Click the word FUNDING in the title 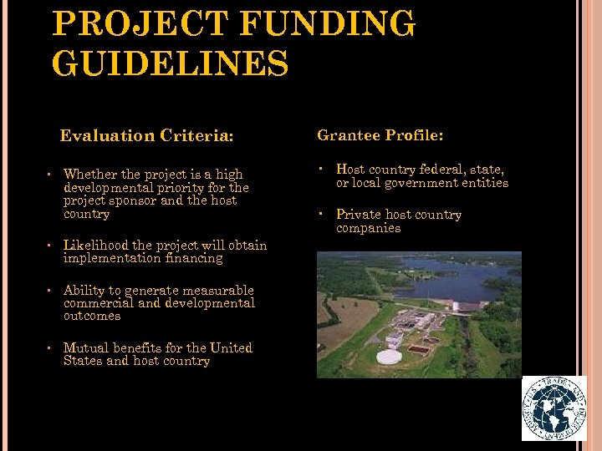click(x=327, y=23)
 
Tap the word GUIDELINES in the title click(x=170, y=63)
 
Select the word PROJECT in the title click(x=140, y=23)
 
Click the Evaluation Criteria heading click(x=146, y=135)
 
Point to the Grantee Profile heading click(x=380, y=134)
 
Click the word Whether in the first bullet click(x=90, y=175)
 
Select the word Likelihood click(x=95, y=246)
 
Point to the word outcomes click(x=92, y=316)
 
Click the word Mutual click(x=87, y=348)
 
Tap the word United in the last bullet click(x=231, y=348)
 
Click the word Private click(x=359, y=215)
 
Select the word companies click(x=368, y=228)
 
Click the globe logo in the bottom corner click(x=554, y=408)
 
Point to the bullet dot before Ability click(x=50, y=291)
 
